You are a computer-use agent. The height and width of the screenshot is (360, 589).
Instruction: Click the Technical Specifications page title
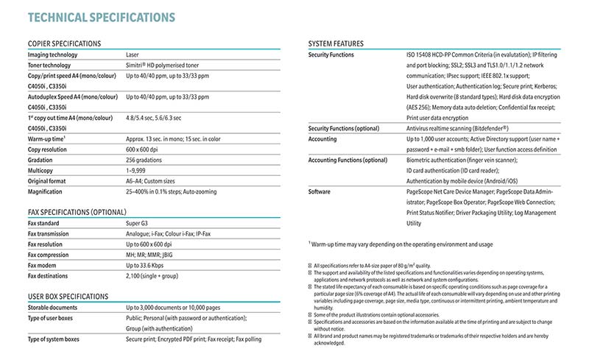tap(101, 16)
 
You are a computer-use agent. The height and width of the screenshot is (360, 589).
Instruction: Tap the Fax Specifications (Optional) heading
tap(78, 212)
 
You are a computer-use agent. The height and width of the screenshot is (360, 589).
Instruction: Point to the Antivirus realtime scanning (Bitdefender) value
tap(457, 128)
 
